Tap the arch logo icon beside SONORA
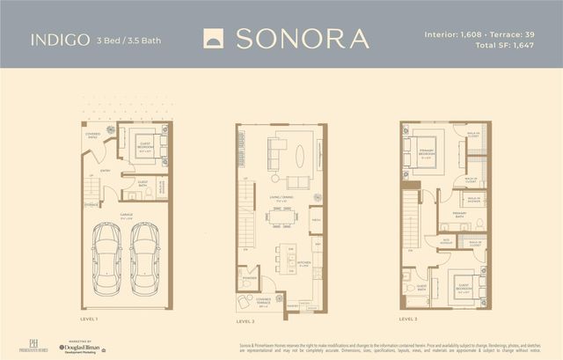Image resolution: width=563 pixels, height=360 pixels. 214,39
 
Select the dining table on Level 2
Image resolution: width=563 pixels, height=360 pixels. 285,215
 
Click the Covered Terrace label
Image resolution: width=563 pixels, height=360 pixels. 264,304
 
